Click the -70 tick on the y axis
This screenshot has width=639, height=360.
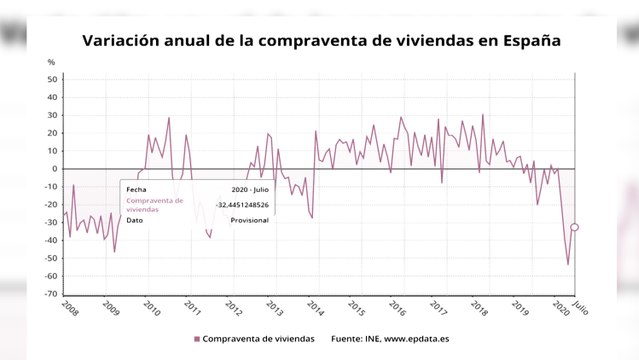click(53, 294)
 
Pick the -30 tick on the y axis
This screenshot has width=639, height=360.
click(53, 222)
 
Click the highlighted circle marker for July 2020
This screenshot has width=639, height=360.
click(575, 227)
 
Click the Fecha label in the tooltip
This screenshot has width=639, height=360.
click(137, 188)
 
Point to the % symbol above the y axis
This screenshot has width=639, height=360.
click(52, 63)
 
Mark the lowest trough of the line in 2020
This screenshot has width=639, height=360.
click(568, 264)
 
